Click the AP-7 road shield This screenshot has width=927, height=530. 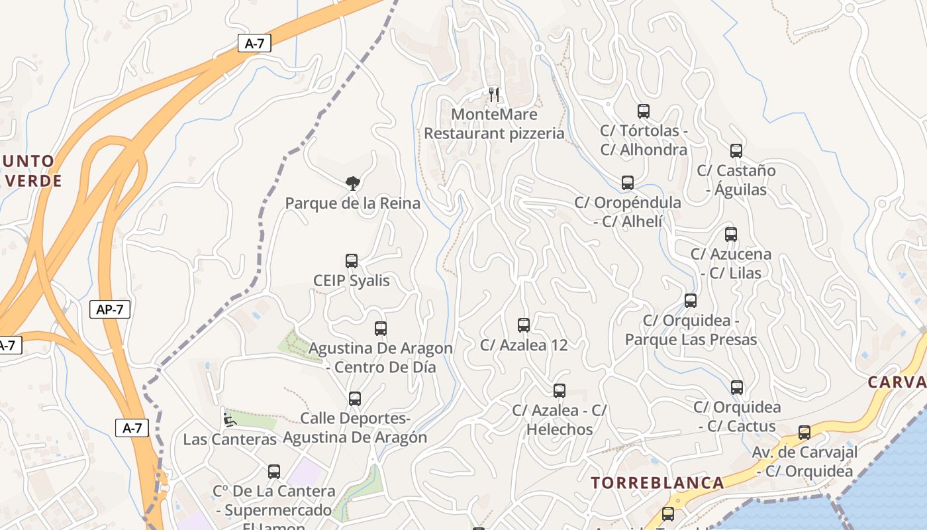click(x=110, y=309)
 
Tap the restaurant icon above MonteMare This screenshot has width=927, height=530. click(x=493, y=94)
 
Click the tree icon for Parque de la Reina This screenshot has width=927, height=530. click(x=353, y=183)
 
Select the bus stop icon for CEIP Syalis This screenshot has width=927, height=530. click(x=352, y=261)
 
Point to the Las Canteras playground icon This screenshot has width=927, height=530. click(x=229, y=419)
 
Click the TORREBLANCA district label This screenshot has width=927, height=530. click(x=657, y=482)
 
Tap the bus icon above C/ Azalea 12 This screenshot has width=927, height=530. click(x=524, y=325)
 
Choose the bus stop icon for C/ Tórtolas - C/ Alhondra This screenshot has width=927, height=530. click(x=644, y=111)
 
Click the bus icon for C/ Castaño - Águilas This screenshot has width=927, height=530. click(x=736, y=151)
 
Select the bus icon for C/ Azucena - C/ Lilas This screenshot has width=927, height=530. click(x=731, y=235)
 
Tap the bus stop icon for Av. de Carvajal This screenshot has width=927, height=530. click(x=805, y=433)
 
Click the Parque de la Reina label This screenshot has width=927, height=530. click(x=352, y=203)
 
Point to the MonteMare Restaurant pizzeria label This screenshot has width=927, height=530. click(x=494, y=124)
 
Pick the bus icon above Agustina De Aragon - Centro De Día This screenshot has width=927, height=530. click(x=381, y=329)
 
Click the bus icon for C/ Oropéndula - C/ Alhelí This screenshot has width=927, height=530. click(x=628, y=183)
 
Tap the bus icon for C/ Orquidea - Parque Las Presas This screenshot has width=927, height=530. click(x=691, y=301)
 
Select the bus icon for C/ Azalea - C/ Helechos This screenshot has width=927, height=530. click(x=560, y=391)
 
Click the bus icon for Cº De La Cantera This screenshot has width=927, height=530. click(x=274, y=472)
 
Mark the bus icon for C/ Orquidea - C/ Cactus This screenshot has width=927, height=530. click(x=737, y=388)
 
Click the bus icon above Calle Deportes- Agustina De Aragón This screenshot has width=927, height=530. click(x=355, y=399)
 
